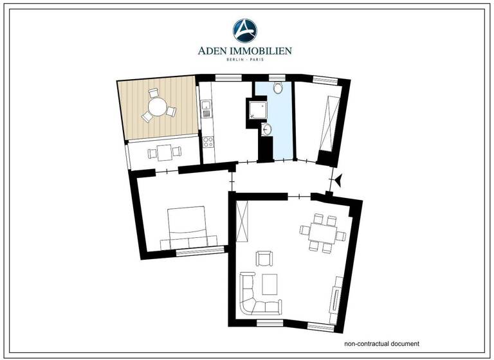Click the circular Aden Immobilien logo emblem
point(245,30)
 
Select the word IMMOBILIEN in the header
point(265,50)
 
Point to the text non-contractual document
point(381,343)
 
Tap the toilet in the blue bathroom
point(278,88)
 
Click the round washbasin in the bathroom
point(268,130)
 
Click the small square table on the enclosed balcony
point(164,153)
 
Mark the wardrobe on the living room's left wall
point(242,221)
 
